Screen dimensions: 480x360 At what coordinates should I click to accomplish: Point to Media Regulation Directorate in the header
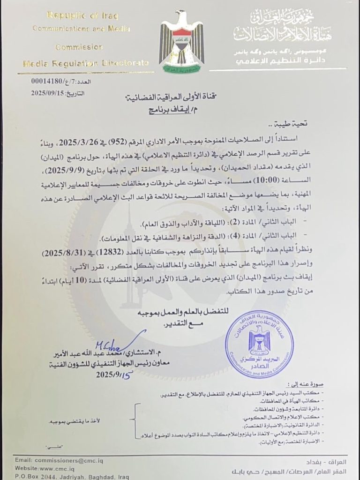pyautogui.click(x=86, y=62)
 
